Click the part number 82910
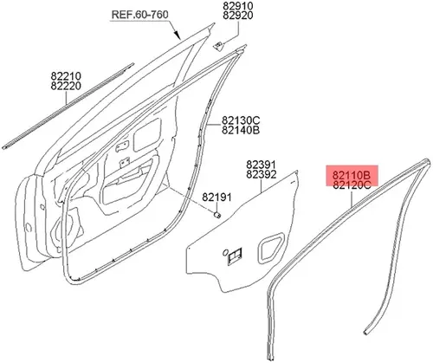(237, 6)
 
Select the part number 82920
(237, 16)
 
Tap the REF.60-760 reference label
(139, 15)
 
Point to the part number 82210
(66, 76)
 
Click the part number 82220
(66, 86)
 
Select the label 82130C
(241, 120)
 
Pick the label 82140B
(241, 130)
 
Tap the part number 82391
(261, 165)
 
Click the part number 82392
(261, 174)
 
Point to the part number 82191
(216, 198)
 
